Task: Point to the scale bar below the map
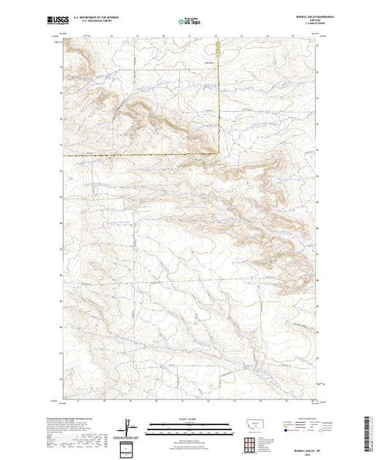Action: [191, 425]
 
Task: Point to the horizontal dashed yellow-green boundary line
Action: [139, 156]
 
